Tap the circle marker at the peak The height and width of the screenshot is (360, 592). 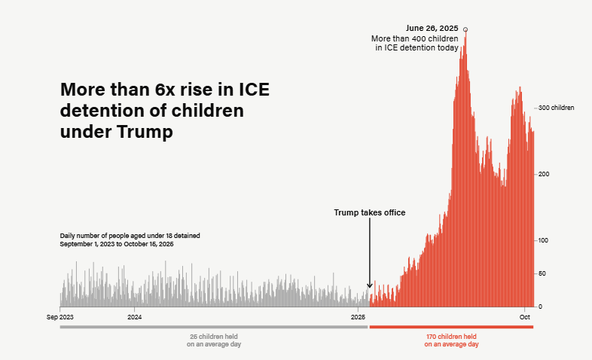tap(465, 29)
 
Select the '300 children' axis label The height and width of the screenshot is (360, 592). tap(557, 108)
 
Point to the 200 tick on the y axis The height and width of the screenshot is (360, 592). tap(544, 174)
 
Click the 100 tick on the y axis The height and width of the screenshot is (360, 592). tap(544, 240)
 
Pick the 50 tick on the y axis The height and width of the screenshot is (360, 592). tap(542, 273)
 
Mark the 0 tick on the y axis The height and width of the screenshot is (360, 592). tap(540, 307)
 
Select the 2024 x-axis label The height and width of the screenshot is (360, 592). tap(135, 317)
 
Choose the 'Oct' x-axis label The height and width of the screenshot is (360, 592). tap(525, 317)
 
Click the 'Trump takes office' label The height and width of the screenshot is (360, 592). tap(370, 213)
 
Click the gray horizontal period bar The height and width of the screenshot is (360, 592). tap(213, 327)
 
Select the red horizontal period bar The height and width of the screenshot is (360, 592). tap(451, 327)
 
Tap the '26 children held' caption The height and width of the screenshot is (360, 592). tap(214, 336)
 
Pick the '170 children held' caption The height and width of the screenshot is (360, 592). tap(451, 336)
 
